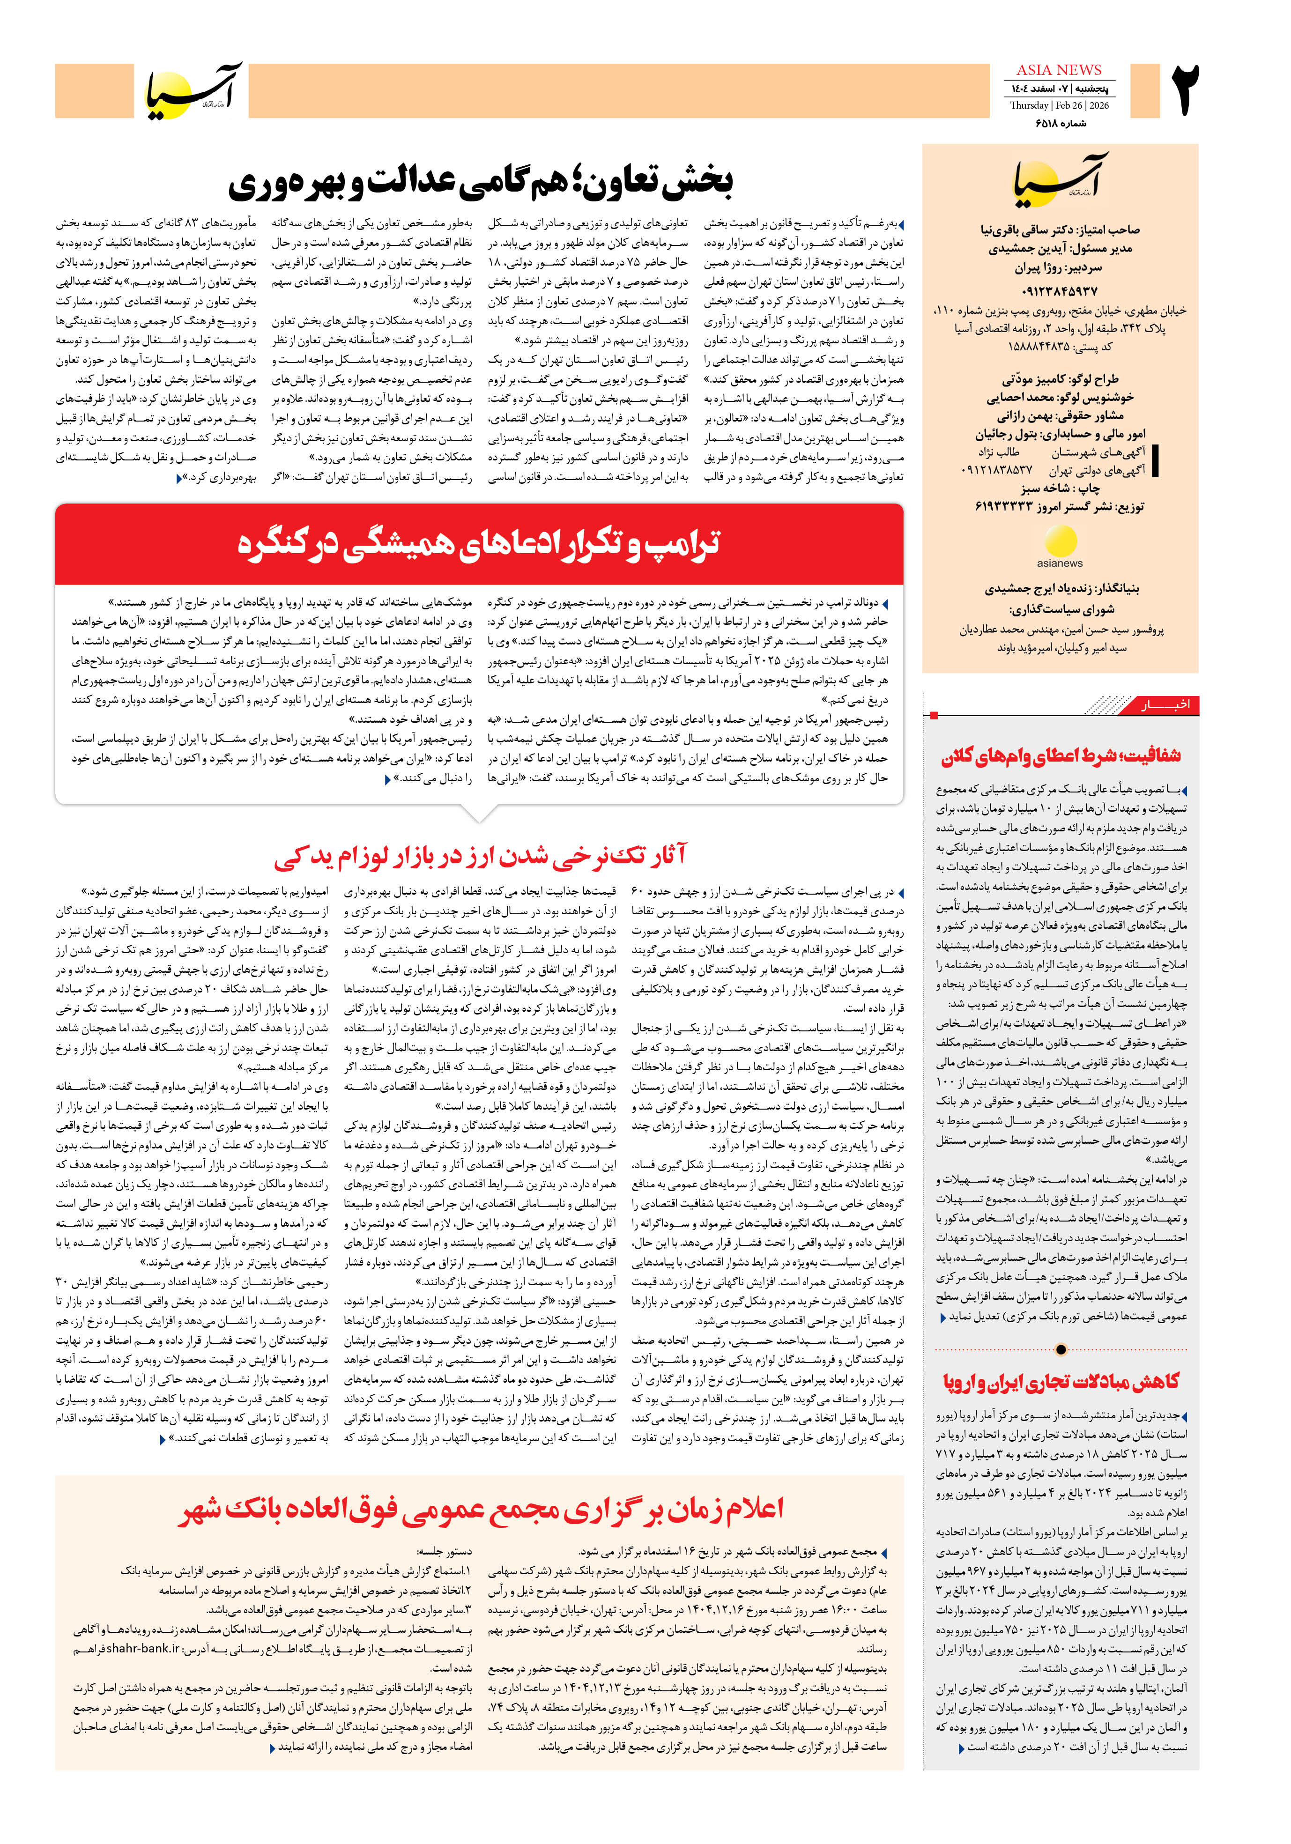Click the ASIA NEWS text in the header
click(x=1059, y=70)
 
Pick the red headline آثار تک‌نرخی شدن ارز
click(x=481, y=856)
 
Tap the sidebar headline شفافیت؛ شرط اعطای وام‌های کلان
click(x=1061, y=756)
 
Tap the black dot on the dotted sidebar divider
click(x=1061, y=1349)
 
